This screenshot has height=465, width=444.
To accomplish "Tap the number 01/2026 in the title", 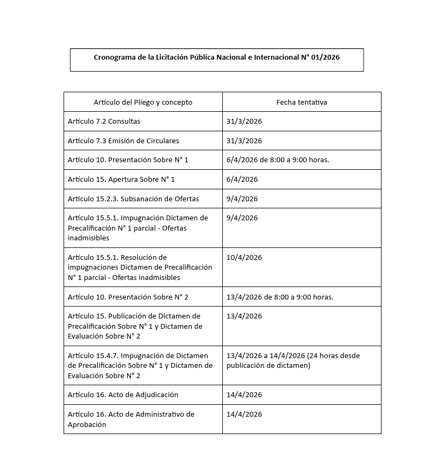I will click(326, 57).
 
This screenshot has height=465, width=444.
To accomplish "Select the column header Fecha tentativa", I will click(302, 102).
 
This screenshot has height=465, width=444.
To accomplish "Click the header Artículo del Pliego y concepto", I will click(143, 102).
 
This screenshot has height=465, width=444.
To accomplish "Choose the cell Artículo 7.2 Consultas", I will click(104, 121).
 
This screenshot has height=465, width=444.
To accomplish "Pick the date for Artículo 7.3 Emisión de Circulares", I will click(244, 141).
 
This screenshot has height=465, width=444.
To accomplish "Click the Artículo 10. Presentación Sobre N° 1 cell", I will click(128, 160).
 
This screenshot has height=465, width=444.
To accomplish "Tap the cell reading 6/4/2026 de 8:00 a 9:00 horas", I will click(278, 160).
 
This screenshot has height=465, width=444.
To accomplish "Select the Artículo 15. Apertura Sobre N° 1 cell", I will click(121, 179).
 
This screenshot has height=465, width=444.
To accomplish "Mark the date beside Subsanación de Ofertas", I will click(242, 199).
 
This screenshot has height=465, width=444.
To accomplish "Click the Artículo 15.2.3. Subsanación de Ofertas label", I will click(133, 199).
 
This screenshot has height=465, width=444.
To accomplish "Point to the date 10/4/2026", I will click(244, 257).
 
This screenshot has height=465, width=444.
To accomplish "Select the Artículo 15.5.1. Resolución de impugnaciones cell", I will click(140, 267).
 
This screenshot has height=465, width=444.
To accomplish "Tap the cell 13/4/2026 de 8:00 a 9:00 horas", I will click(280, 297).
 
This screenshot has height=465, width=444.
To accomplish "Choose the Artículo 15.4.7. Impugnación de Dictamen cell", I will click(140, 366).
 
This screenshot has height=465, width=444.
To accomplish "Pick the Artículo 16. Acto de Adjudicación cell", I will click(123, 394).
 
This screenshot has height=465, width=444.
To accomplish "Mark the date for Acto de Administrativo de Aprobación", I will click(244, 414).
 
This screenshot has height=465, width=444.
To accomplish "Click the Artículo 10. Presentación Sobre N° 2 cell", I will click(128, 297).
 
